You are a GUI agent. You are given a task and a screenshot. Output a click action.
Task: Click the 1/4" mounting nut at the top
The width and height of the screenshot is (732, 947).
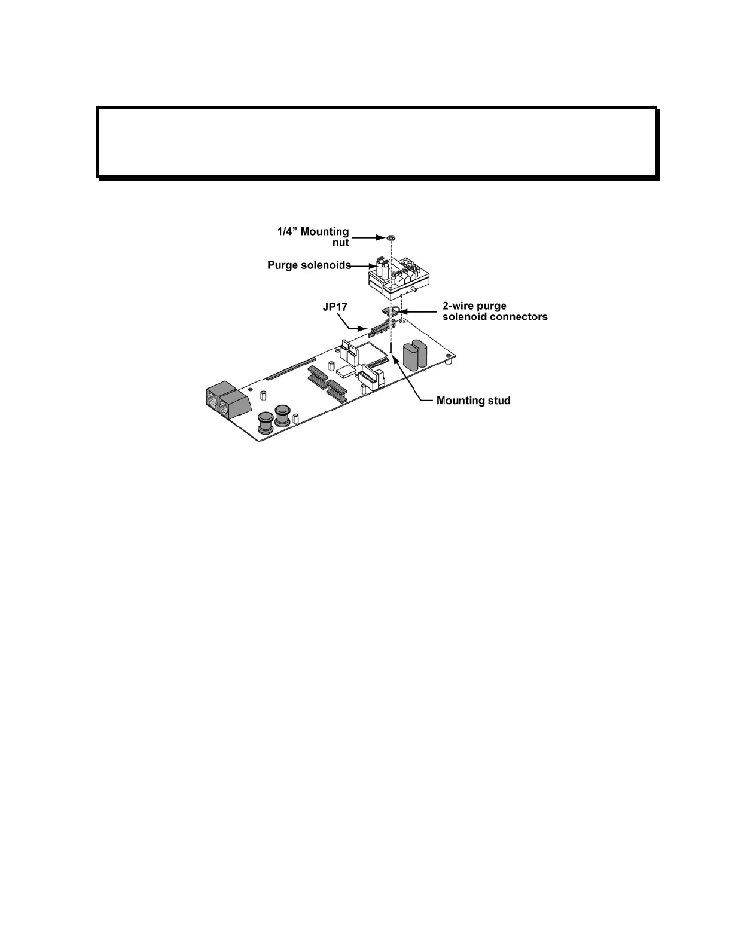click(390, 238)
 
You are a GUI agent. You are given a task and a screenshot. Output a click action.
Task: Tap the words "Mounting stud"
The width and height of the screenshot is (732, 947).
click(473, 401)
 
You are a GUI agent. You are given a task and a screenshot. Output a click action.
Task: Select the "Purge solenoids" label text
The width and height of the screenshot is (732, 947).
click(309, 265)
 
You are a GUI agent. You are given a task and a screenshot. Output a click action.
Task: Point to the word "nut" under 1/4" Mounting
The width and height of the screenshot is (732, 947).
click(340, 243)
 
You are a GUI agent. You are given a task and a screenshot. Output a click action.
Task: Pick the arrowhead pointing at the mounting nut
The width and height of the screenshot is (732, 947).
click(381, 238)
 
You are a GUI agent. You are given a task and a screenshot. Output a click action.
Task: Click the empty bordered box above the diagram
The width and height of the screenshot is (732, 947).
click(377, 142)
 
